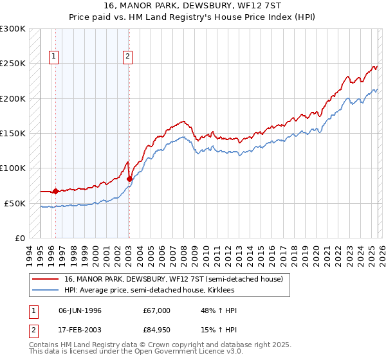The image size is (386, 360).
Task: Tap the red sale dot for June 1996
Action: (x=55, y=191)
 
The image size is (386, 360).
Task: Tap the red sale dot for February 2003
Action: (x=129, y=179)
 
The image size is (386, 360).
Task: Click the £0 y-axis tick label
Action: (x=20, y=238)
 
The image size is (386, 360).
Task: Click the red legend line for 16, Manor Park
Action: (x=46, y=279)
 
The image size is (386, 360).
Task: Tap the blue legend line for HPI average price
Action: (x=46, y=291)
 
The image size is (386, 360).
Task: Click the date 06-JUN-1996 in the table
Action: (x=80, y=310)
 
